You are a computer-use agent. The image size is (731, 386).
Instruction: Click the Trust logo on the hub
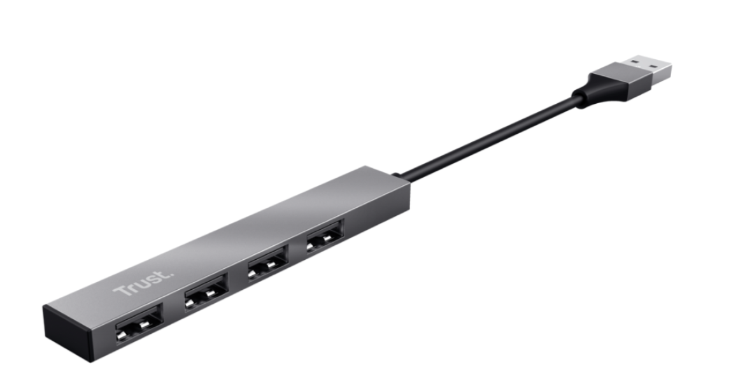[x=134, y=284]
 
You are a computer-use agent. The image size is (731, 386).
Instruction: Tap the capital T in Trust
[x=120, y=292]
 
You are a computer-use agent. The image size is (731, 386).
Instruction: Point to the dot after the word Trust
[x=153, y=275]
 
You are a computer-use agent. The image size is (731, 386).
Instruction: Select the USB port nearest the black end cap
[x=138, y=324]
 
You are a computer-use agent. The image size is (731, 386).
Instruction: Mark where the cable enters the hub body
[x=397, y=175]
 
